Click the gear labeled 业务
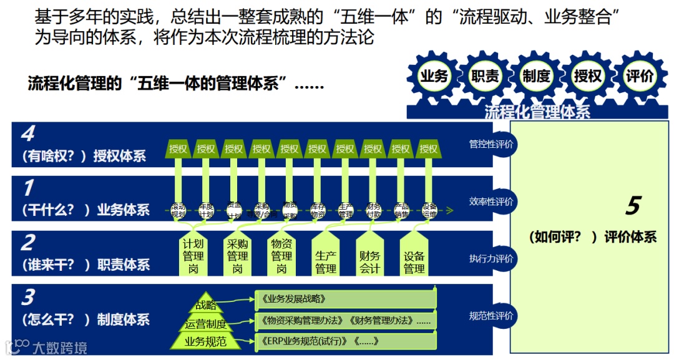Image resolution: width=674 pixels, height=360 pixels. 434,76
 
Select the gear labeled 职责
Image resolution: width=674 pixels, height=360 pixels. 485,76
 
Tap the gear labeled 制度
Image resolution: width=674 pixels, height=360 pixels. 536,76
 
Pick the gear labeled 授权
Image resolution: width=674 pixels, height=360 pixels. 587,76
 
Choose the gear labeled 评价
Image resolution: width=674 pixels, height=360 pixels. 639,76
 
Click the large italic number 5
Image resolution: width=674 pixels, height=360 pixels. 633,206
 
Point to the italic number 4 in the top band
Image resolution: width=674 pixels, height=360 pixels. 27,134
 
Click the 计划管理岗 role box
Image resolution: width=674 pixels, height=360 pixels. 193,256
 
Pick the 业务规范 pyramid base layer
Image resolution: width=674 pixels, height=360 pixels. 205,341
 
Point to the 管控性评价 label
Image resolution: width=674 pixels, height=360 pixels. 491,144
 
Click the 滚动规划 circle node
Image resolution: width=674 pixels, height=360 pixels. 178,210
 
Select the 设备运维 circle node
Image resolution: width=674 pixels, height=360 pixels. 429,210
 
